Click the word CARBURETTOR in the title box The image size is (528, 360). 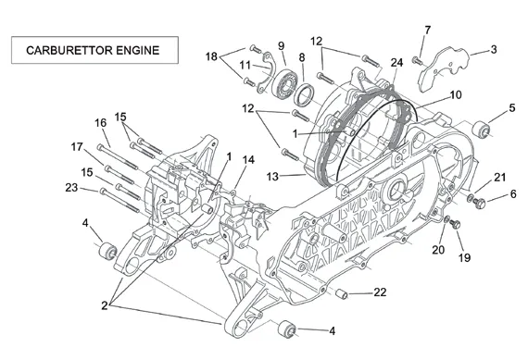coord(69,50)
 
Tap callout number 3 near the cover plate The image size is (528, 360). coord(494,49)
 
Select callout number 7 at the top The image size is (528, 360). coord(427,30)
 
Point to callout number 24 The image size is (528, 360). coord(396,63)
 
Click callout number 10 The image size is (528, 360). coord(456,95)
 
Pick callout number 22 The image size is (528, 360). coord(380,292)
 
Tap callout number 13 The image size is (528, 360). coord(272,177)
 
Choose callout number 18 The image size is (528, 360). coord(211,56)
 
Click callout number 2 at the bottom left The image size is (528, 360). coord(105,305)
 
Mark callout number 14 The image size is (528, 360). coord(248,160)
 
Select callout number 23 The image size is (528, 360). coord(71,187)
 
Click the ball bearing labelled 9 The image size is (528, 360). coord(284,82)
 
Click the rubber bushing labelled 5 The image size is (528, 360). coord(481,130)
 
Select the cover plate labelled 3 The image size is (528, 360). coord(443,68)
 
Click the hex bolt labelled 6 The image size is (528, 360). coord(479,203)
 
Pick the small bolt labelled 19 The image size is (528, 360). coord(455,224)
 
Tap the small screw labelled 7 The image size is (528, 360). coord(417,61)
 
